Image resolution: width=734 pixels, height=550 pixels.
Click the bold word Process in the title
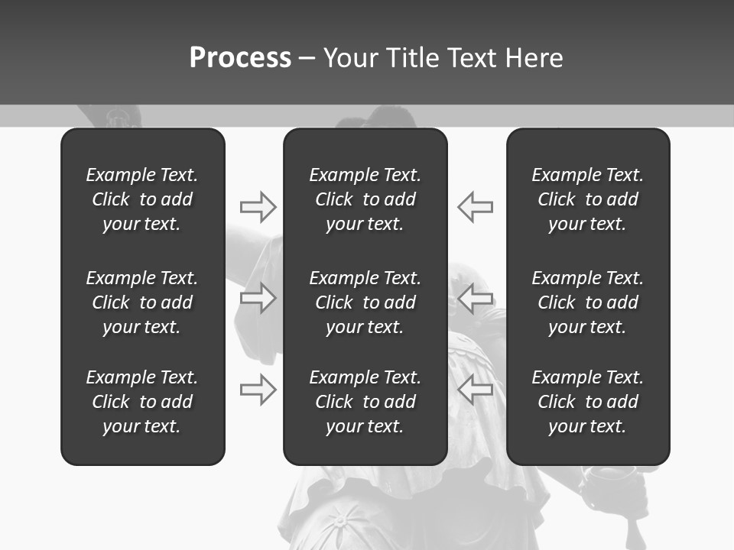click(x=240, y=58)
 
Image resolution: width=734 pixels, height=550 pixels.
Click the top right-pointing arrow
click(x=258, y=206)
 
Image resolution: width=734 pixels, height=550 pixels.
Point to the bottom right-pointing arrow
click(x=258, y=390)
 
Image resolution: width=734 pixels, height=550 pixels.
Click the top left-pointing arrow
click(x=476, y=206)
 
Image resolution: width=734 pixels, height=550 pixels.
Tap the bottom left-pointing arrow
click(x=476, y=390)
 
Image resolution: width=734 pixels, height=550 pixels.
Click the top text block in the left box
click(x=142, y=199)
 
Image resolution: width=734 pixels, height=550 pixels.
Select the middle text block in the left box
click(x=142, y=302)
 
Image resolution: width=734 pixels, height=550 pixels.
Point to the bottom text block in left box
click(x=142, y=402)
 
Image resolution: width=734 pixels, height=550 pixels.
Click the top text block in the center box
click(x=365, y=199)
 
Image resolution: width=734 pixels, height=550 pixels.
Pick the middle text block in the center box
click(x=365, y=302)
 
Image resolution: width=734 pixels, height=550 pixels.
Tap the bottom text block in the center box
click(x=365, y=402)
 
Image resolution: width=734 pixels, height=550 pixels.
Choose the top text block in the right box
click(x=587, y=199)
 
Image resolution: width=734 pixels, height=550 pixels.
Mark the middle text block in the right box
click(x=587, y=302)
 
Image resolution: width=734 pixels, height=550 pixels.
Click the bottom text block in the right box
click(x=587, y=402)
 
